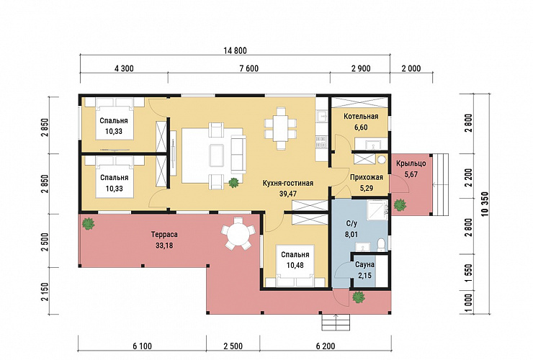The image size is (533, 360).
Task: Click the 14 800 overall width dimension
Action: pyautogui.click(x=235, y=50)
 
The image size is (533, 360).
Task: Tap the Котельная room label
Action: pyautogui.click(x=361, y=117)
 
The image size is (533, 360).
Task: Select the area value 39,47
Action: pyautogui.click(x=287, y=194)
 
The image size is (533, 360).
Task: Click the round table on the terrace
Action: pyautogui.click(x=238, y=233)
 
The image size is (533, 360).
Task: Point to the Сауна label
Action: pyautogui.click(x=364, y=264)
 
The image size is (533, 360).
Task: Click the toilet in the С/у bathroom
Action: pyautogui.click(x=382, y=244)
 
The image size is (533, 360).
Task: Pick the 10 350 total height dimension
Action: pyautogui.click(x=485, y=204)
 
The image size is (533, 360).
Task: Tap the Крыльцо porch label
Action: pyautogui.click(x=411, y=163)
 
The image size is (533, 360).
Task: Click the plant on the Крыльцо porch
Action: pyautogui.click(x=400, y=205)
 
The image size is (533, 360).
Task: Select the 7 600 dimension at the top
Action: pyautogui.click(x=248, y=68)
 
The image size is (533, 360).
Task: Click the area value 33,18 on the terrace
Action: pyautogui.click(x=164, y=245)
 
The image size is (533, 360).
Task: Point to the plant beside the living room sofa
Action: pyautogui.click(x=233, y=183)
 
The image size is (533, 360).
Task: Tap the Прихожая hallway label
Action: pyautogui.click(x=367, y=177)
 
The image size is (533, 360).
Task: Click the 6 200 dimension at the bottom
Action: pyautogui.click(x=326, y=346)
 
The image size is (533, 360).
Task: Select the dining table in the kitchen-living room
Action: pyautogui.click(x=281, y=128)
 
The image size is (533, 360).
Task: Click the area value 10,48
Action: pyautogui.click(x=295, y=265)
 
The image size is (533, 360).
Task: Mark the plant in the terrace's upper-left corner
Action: pyautogui.click(x=89, y=223)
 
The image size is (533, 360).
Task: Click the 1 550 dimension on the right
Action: pyautogui.click(x=469, y=273)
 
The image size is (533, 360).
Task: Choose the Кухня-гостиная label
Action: pyautogui.click(x=288, y=183)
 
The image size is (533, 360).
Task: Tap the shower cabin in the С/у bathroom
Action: pyautogui.click(x=377, y=210)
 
